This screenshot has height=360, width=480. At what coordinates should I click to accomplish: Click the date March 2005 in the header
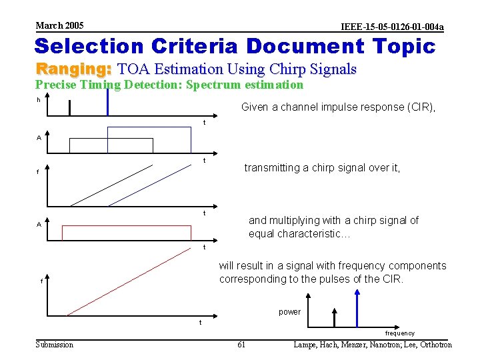[x=59, y=25]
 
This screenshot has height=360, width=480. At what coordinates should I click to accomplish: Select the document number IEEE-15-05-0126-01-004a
[x=392, y=27]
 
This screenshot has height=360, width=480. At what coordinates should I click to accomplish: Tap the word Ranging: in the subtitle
[x=73, y=69]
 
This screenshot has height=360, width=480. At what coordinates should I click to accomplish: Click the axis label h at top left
[x=39, y=100]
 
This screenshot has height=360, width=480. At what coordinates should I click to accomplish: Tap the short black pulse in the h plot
[x=69, y=108]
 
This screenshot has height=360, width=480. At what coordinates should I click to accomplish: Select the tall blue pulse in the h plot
[x=107, y=101]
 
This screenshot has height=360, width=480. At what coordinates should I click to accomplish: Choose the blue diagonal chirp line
[x=153, y=185]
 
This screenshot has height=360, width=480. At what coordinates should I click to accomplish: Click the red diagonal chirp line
[x=133, y=281]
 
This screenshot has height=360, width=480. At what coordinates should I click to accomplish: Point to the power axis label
[x=289, y=312]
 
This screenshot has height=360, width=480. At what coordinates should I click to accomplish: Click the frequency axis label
[x=399, y=333]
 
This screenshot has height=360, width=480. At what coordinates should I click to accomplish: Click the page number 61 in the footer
[x=241, y=345]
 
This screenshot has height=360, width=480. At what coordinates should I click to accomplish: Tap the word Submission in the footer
[x=55, y=345]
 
